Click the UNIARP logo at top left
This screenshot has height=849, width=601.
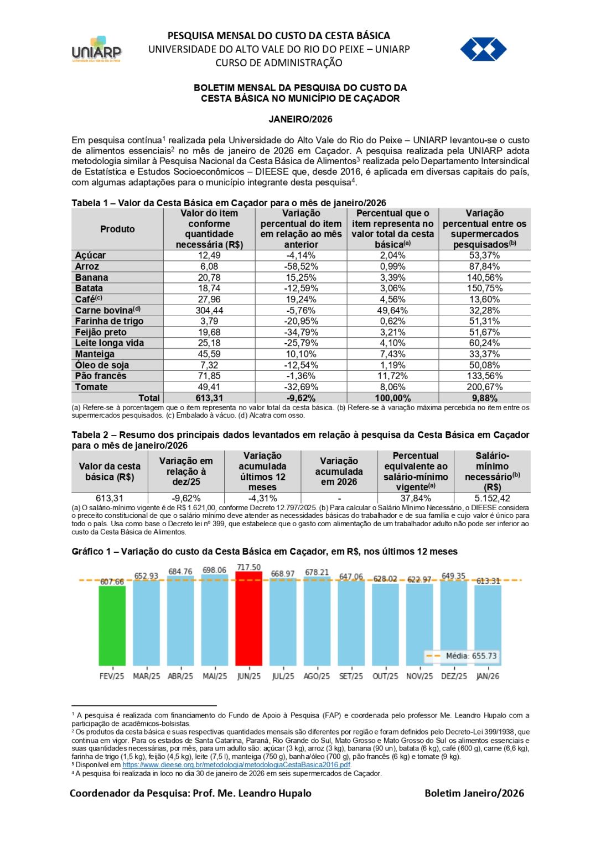coord(96,49)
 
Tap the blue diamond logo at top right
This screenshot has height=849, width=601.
coord(483,49)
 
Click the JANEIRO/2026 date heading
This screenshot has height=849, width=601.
coord(300,119)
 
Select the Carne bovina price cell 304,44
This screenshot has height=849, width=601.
coord(209,311)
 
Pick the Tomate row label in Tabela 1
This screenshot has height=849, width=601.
coord(91,387)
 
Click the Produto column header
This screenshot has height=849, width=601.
coord(117,229)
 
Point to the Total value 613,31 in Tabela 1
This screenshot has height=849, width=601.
coord(209,399)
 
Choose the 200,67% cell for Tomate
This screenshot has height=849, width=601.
coord(484,387)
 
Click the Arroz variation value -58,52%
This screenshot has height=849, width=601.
coord(301,266)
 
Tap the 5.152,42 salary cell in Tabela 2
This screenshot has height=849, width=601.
coord(492,499)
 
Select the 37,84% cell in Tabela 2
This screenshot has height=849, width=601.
coord(416,499)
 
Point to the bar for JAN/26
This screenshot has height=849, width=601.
coord(488,625)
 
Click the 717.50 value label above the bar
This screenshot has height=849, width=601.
coord(249,568)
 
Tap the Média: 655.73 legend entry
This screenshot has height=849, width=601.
coord(463,656)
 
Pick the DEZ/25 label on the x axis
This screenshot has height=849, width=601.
coord(454,677)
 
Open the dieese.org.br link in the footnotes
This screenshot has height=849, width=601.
coord(236,765)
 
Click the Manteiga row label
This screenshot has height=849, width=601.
coord(95,354)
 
